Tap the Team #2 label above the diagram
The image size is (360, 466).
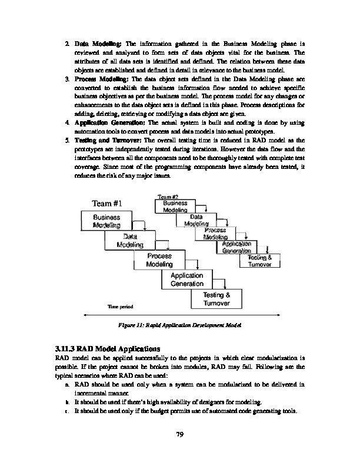click(x=168, y=197)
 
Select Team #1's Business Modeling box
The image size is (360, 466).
click(x=107, y=221)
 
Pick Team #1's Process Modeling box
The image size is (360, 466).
click(x=159, y=261)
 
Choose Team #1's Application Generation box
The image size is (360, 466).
click(x=187, y=279)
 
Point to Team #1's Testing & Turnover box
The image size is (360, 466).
click(x=216, y=299)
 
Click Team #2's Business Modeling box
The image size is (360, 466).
click(x=175, y=207)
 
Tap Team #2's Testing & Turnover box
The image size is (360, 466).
click(x=259, y=261)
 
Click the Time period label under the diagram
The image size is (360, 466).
click(x=120, y=307)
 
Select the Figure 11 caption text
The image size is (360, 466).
click(x=180, y=325)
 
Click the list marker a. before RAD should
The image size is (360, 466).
click(x=69, y=384)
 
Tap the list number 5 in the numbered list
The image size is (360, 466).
click(x=68, y=141)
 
